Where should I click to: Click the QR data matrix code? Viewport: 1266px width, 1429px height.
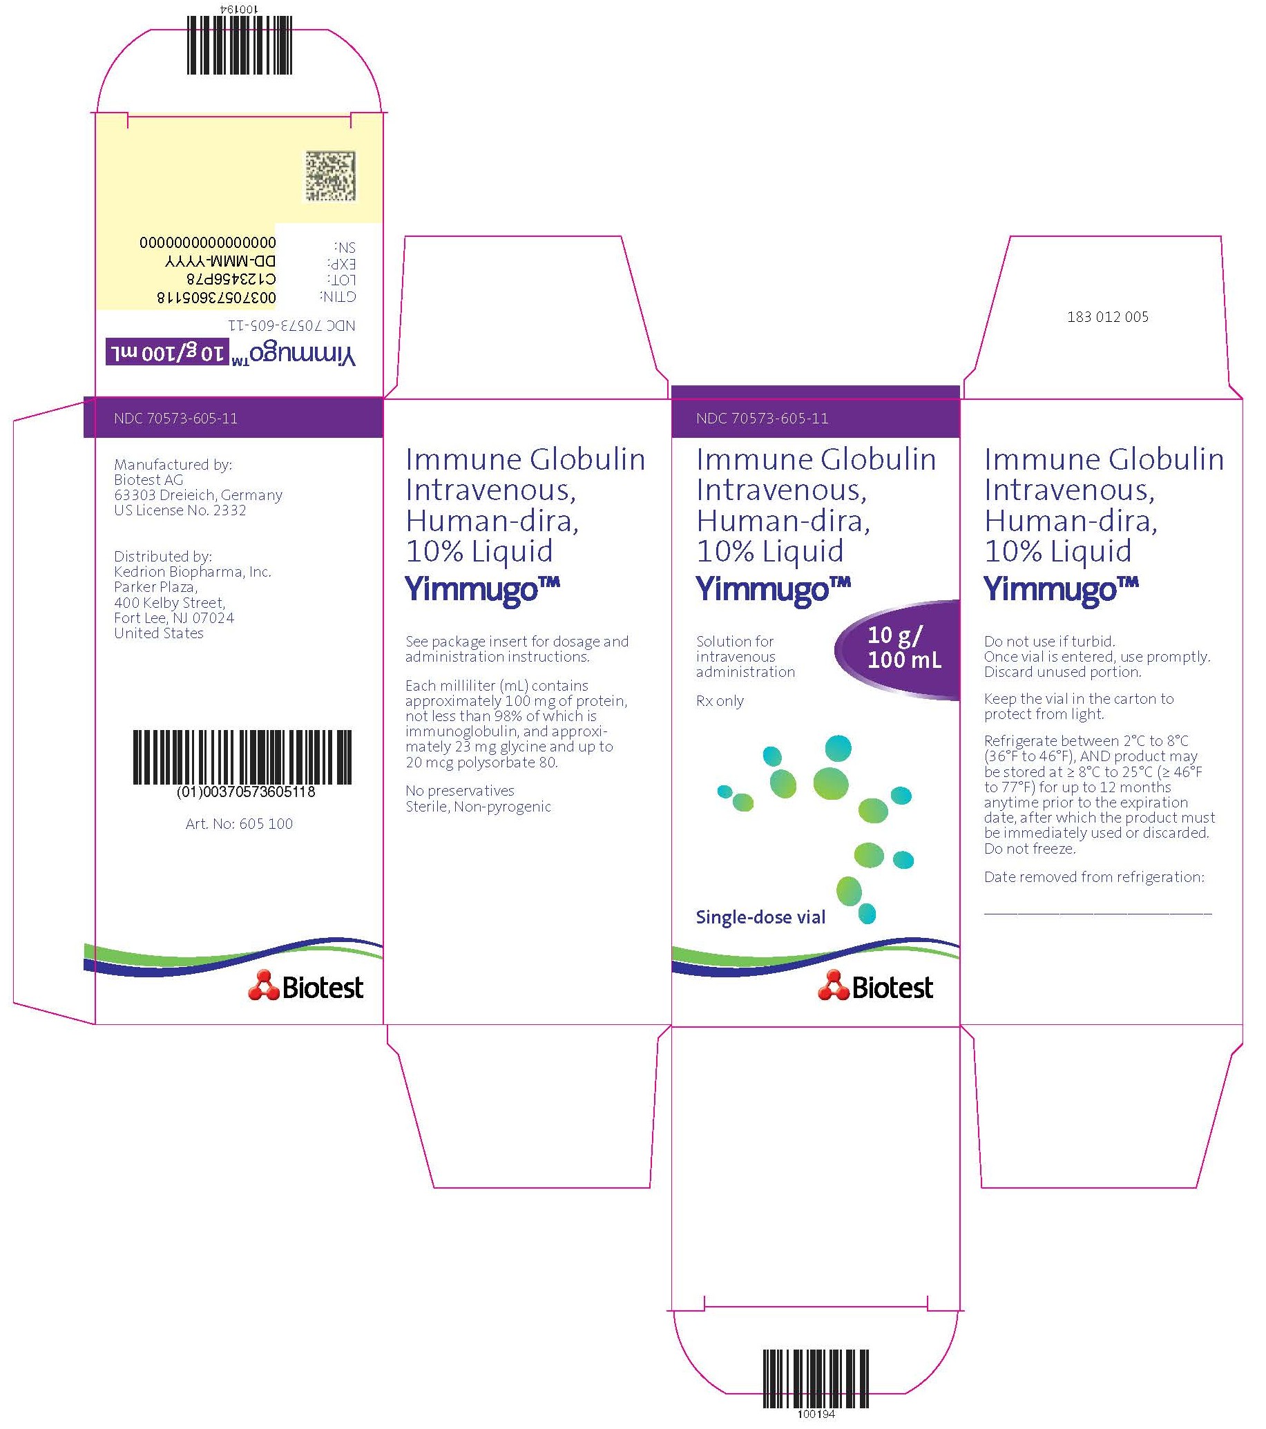pos(330,175)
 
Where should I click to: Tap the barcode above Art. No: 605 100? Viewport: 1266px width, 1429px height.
pos(242,757)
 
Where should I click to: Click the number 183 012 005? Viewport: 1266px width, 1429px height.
pos(1107,317)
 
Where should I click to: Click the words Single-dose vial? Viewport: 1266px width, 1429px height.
pos(760,917)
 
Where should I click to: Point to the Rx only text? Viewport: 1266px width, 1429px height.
pos(720,700)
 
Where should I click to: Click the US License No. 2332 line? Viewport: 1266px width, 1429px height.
pos(180,510)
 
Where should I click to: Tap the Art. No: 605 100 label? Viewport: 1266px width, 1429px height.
pos(239,823)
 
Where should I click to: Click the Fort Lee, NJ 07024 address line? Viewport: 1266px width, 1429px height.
pos(174,618)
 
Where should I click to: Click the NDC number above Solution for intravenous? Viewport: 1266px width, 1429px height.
pos(762,419)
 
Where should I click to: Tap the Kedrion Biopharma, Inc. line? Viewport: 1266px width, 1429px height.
pos(192,572)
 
